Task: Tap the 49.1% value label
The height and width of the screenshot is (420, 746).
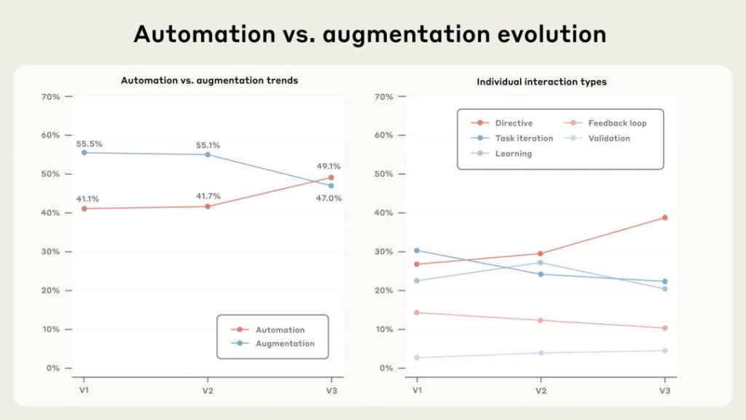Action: pos(328,166)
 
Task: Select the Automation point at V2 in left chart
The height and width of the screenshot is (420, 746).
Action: pos(208,206)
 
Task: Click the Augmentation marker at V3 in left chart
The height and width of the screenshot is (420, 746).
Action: pos(331,185)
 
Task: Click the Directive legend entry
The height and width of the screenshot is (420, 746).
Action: pos(513,123)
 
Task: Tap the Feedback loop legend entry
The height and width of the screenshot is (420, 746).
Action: pos(616,123)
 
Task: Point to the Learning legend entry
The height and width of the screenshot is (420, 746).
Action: pos(513,154)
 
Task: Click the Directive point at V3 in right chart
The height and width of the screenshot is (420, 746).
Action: pos(664,217)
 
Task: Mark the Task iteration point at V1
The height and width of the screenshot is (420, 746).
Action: pos(417,250)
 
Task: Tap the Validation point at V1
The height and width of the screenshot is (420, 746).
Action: pos(417,357)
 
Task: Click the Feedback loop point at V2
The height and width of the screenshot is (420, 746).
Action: pos(541,320)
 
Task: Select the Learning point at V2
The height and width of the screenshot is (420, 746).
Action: pos(541,262)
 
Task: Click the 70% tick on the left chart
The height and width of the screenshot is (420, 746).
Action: pos(50,96)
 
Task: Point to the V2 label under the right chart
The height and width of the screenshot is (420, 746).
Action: pos(541,391)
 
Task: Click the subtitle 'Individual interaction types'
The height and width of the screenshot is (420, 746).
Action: pos(541,82)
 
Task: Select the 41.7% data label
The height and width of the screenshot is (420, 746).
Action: pos(208,196)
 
